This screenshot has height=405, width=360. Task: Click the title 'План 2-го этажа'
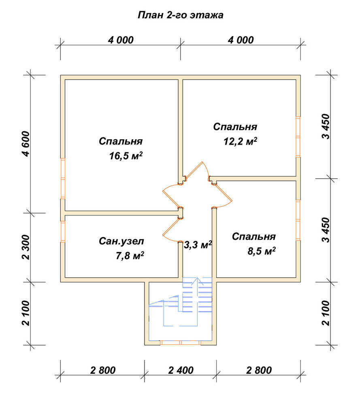point(181,15)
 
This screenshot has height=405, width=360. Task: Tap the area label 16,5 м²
point(126,156)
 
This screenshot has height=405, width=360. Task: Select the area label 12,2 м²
point(240,141)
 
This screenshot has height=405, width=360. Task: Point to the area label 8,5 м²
point(261,251)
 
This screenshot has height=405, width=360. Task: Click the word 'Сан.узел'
point(121,241)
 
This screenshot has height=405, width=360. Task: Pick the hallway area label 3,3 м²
point(198,245)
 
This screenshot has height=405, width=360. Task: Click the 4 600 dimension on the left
point(26,144)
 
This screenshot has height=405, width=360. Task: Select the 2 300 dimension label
point(26,247)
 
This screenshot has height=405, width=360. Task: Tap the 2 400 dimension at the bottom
point(181,371)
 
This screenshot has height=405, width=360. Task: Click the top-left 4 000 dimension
point(121,40)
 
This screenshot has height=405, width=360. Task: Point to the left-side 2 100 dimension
point(26,313)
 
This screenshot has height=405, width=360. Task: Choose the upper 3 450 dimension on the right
point(326,126)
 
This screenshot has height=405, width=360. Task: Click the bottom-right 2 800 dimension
point(259,371)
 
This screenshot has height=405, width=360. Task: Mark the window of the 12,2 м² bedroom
point(298,136)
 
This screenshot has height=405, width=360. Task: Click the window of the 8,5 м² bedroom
point(298,220)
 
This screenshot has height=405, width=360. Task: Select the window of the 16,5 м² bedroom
point(63,178)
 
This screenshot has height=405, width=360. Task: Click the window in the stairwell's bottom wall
point(180,343)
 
